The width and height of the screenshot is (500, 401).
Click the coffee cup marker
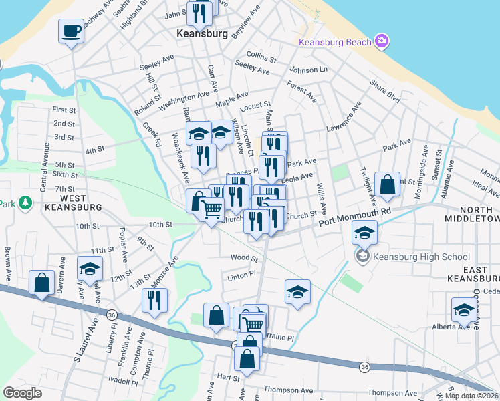coord(71,31)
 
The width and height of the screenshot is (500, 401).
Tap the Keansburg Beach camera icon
coord(382,41)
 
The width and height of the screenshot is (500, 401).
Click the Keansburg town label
coord(202,33)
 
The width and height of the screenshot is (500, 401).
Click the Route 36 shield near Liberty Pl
coord(112,314)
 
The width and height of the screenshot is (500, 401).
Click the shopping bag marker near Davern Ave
coord(41,283)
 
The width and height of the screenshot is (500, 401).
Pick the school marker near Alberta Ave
coord(464,309)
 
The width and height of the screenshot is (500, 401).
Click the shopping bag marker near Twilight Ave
coord(387,183)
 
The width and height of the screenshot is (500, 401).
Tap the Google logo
coord(22,392)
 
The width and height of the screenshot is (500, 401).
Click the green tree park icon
coord(25,202)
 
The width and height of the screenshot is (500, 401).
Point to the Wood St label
coord(244,258)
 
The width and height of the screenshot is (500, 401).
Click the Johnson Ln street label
coord(308,70)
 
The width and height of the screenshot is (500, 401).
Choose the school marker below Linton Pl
coord(297,291)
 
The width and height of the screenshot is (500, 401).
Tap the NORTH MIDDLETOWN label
coord(472,214)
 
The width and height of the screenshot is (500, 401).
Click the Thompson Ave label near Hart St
coord(288,390)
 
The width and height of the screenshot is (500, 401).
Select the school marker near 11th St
coord(90,268)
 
